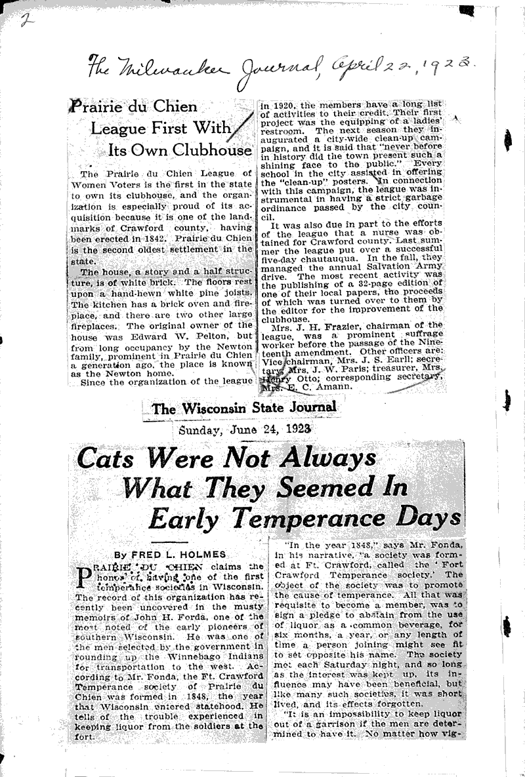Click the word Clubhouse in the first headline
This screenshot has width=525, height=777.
pyautogui.click(x=211, y=149)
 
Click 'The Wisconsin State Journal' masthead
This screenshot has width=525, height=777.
pyautogui.click(x=244, y=408)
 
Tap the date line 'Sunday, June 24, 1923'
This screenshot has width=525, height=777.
pyautogui.click(x=244, y=431)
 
